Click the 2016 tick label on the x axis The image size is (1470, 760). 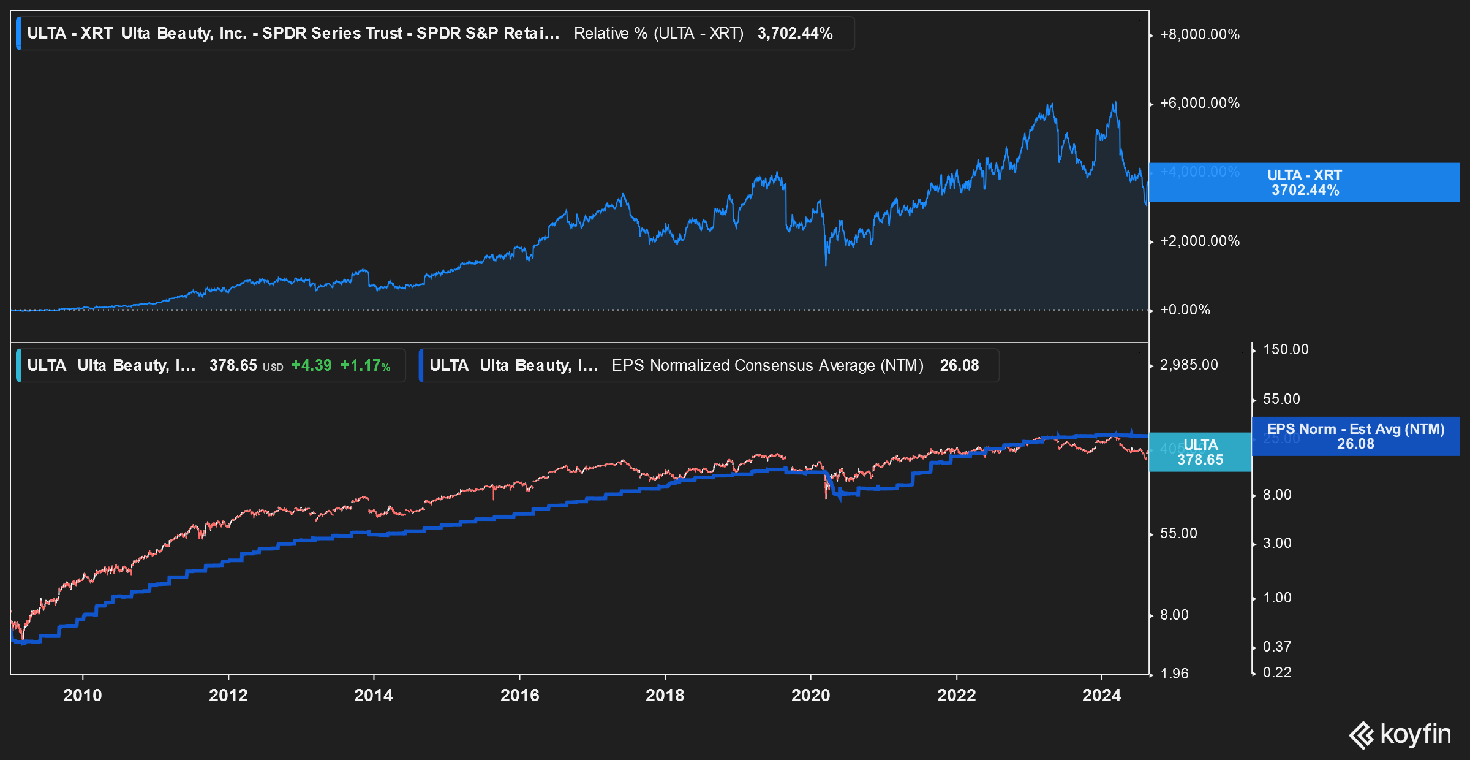(x=519, y=695)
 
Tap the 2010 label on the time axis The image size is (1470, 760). (x=83, y=695)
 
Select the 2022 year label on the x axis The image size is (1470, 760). (x=956, y=695)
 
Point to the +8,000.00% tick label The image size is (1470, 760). (x=1199, y=34)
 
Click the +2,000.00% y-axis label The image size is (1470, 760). (x=1199, y=241)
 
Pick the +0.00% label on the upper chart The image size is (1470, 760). (x=1185, y=310)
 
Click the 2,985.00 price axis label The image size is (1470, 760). (x=1188, y=365)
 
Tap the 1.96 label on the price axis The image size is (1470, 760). (x=1174, y=674)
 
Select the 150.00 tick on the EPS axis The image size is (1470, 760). (x=1285, y=349)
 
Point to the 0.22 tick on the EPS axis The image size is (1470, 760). (x=1276, y=672)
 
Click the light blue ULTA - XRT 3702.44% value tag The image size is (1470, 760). (x=1304, y=183)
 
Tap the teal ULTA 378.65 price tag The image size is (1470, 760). (x=1200, y=452)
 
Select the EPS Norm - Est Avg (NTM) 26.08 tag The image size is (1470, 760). (x=1355, y=436)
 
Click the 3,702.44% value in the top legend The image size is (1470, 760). (x=794, y=33)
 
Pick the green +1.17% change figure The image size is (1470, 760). (x=365, y=365)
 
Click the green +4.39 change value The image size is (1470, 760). (x=311, y=365)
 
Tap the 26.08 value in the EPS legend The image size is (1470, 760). (x=959, y=365)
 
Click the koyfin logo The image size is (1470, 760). (x=1400, y=734)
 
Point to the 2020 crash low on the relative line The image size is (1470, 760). (x=826, y=264)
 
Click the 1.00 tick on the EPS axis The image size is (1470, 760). (x=1276, y=598)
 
